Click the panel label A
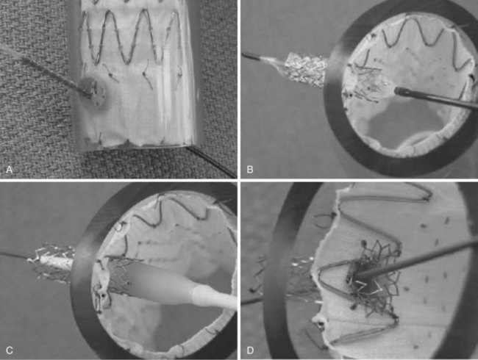9,169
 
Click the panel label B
250,169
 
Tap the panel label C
9,350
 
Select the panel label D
250,350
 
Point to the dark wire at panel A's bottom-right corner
213,162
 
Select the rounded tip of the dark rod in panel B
399,91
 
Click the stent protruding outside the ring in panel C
51,262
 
